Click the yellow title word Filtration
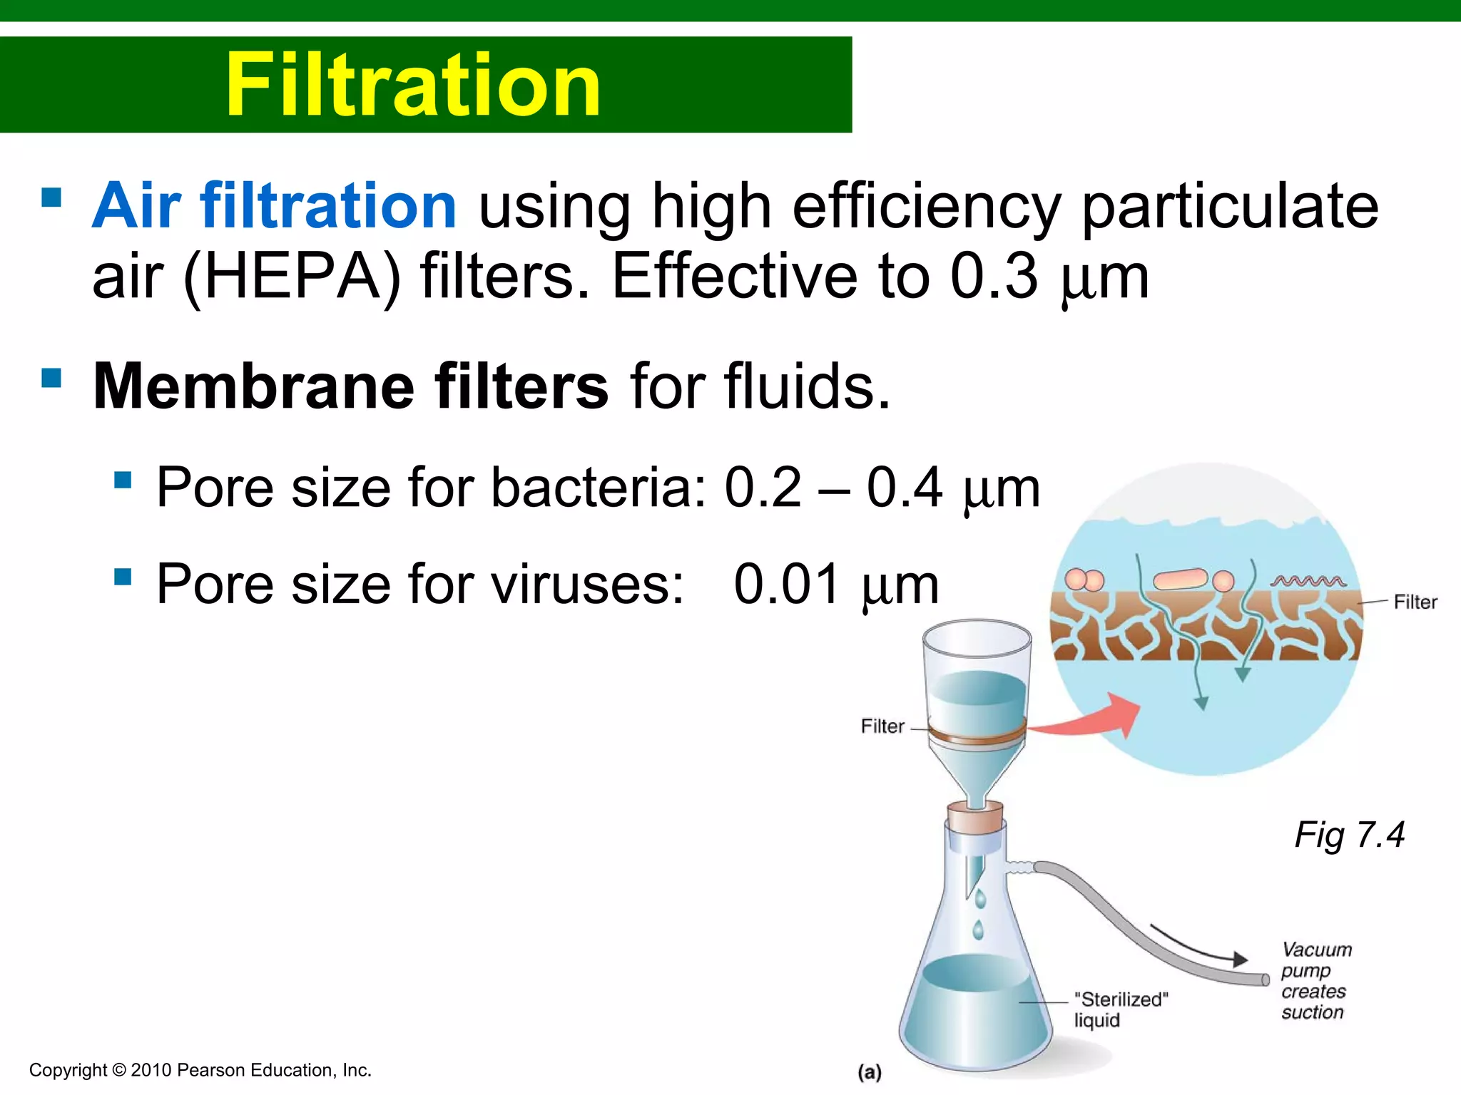[413, 86]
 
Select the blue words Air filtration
[275, 206]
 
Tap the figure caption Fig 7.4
[1349, 835]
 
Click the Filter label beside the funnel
[882, 726]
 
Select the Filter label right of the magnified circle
[1415, 602]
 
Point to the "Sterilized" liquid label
[1121, 1009]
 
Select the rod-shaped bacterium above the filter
[1181, 579]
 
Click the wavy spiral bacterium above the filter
[1308, 581]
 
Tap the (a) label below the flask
[870, 1072]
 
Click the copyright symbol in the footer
[119, 1070]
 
